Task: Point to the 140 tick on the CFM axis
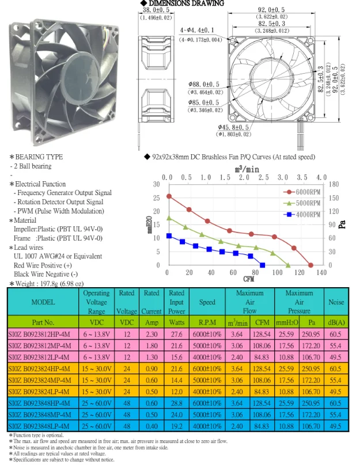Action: click(321, 272)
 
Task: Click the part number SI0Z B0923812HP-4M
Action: click(40, 334)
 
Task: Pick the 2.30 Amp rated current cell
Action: click(151, 334)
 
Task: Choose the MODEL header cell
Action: click(41, 301)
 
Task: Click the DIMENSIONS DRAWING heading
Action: click(183, 4)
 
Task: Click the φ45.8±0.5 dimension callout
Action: click(233, 127)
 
